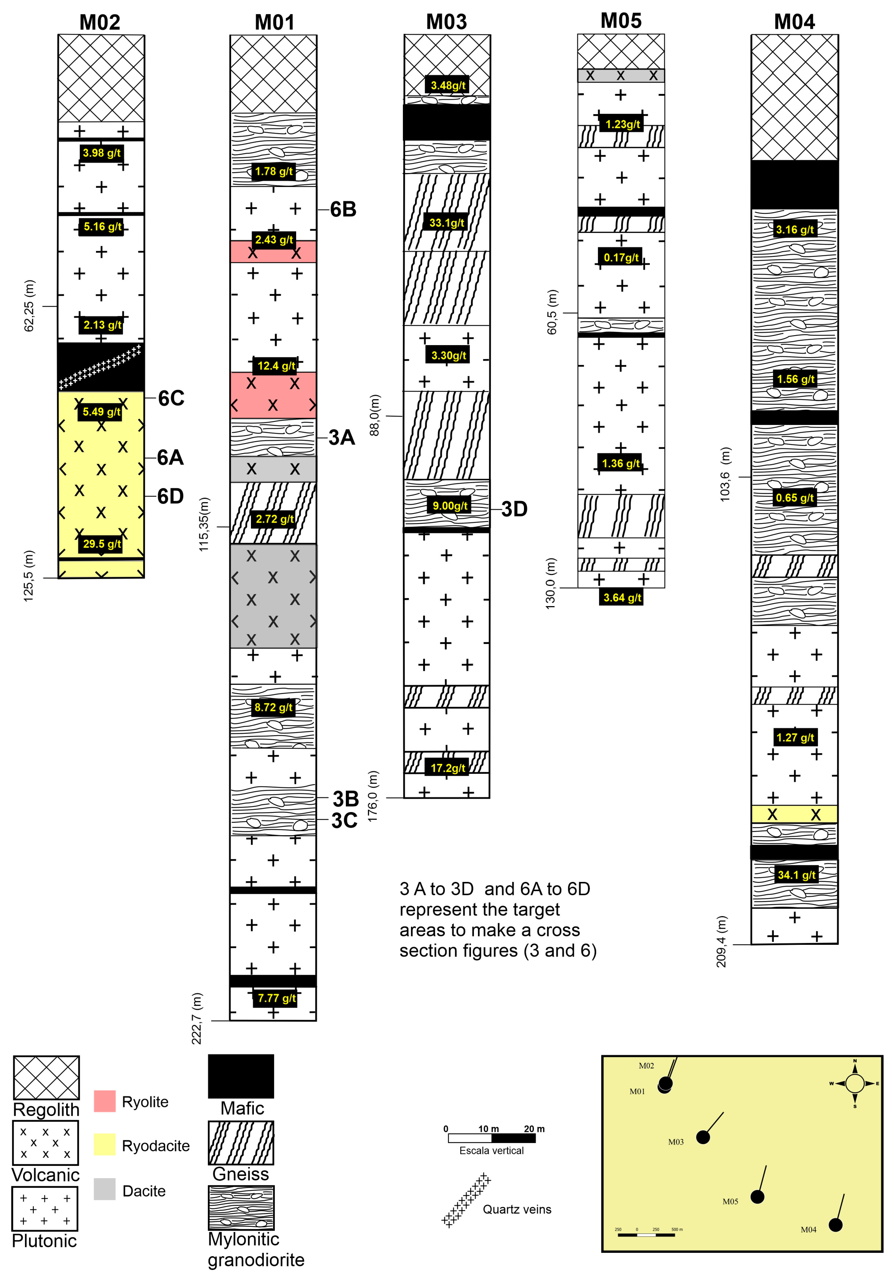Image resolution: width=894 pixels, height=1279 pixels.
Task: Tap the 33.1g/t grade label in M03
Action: [447, 223]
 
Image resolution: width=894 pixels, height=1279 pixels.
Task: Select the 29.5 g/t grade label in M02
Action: [101, 544]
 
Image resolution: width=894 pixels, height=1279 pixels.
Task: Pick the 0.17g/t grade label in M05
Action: [621, 257]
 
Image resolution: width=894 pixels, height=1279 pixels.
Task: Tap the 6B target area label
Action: [343, 209]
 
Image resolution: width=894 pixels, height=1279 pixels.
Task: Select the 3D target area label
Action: [514, 509]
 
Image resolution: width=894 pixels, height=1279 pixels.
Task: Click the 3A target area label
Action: [341, 437]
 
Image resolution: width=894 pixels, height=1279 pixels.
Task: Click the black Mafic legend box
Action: [241, 1076]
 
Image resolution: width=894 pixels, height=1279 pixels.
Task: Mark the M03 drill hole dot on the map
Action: [703, 1138]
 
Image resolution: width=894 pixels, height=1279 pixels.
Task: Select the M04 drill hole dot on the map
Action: [835, 1225]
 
